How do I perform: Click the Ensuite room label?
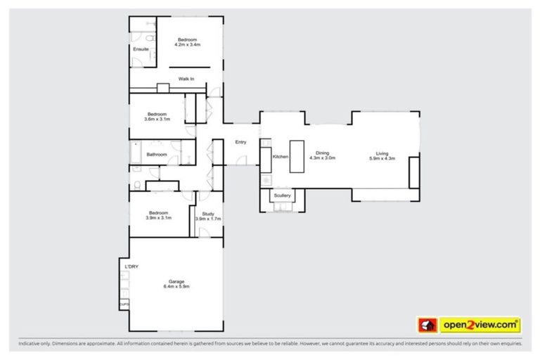pos(141,49)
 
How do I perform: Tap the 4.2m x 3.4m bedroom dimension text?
pos(188,44)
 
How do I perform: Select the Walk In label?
pos(186,79)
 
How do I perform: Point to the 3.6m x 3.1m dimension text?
pos(157,120)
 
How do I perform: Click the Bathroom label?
pos(157,155)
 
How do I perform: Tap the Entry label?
pos(240,143)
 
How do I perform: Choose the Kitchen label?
pos(280,156)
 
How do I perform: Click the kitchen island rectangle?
pos(297,156)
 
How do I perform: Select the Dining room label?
pos(322,153)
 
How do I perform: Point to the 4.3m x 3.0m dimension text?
pos(322,158)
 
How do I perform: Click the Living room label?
pos(382,153)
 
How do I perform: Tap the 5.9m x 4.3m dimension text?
pos(382,158)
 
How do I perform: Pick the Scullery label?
pos(282,195)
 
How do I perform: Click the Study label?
pos(207,213)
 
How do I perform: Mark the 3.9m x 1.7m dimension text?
pos(207,219)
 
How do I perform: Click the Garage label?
pos(176,281)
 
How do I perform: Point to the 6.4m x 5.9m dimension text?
pos(176,287)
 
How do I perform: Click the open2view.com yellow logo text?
pos(480,325)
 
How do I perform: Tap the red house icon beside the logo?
pos(427,325)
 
